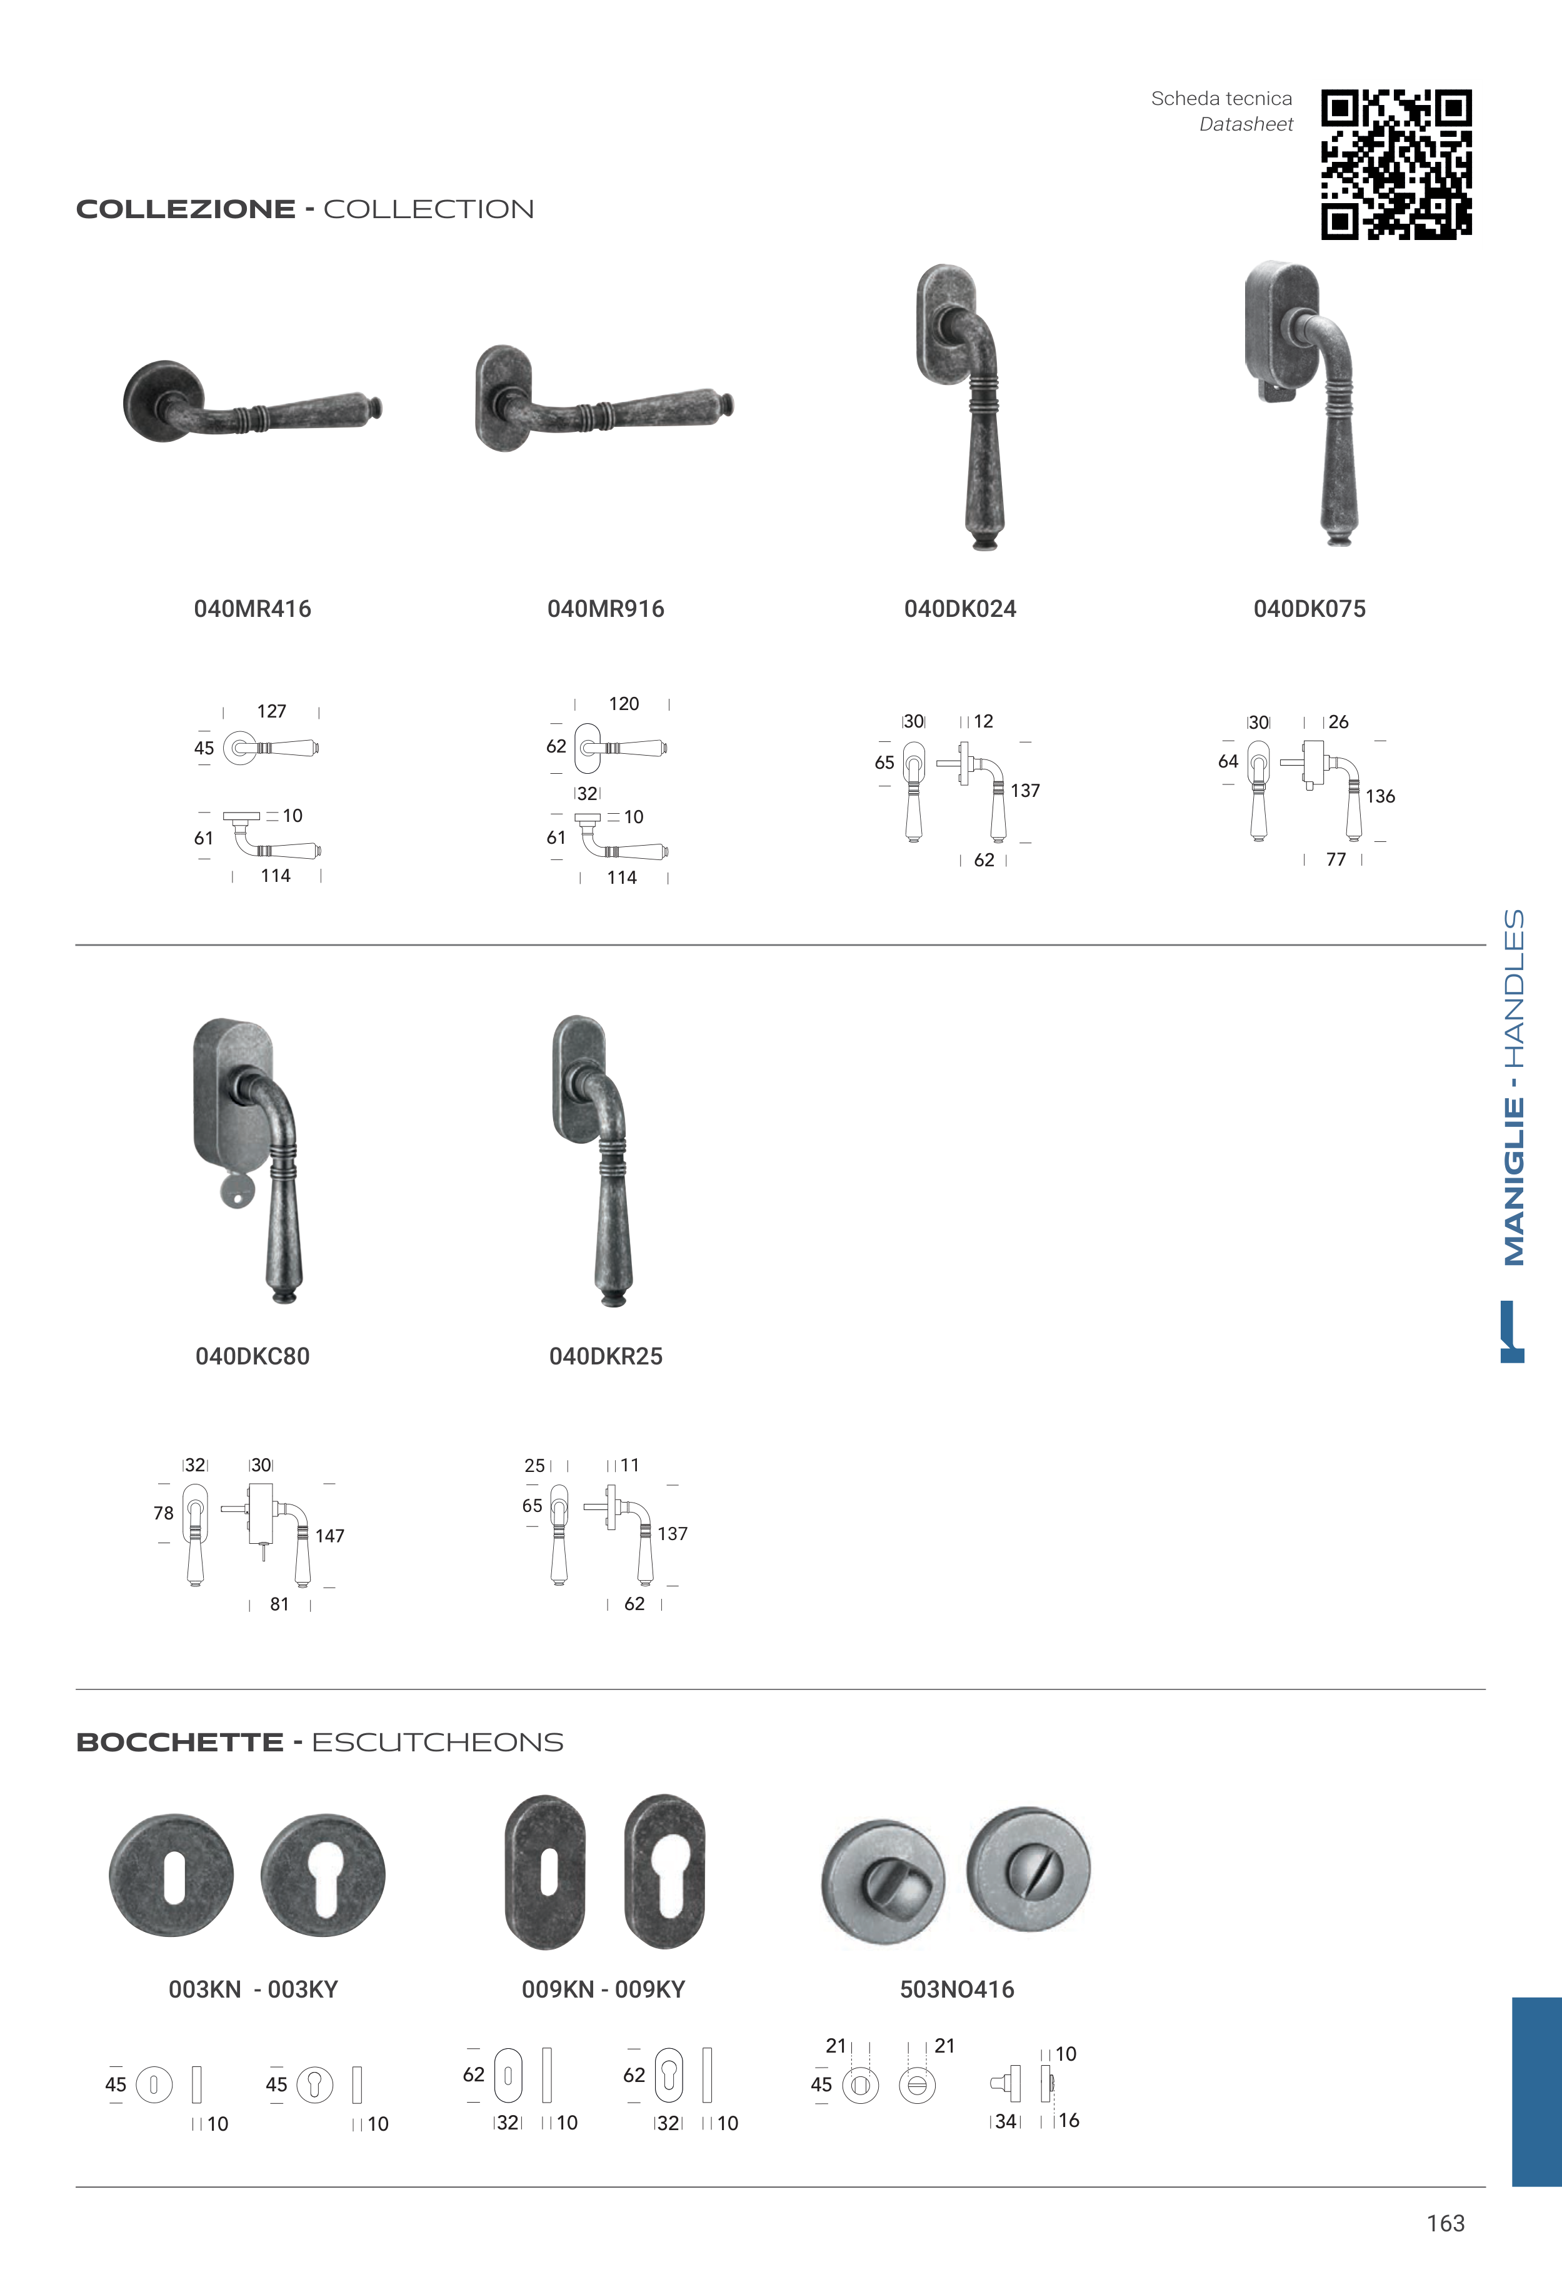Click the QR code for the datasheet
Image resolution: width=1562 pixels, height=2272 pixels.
[x=1396, y=164]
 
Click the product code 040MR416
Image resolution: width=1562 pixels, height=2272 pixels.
[x=253, y=609]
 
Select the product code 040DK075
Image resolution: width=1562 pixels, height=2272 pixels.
[x=1309, y=609]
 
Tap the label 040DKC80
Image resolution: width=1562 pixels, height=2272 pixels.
[x=253, y=1356]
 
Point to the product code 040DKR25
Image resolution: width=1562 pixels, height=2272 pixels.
[x=606, y=1356]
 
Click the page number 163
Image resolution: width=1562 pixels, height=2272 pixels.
[x=1446, y=2223]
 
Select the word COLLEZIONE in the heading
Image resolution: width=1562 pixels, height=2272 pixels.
[x=186, y=209]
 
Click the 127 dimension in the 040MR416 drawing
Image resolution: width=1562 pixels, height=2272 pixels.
[x=272, y=711]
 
